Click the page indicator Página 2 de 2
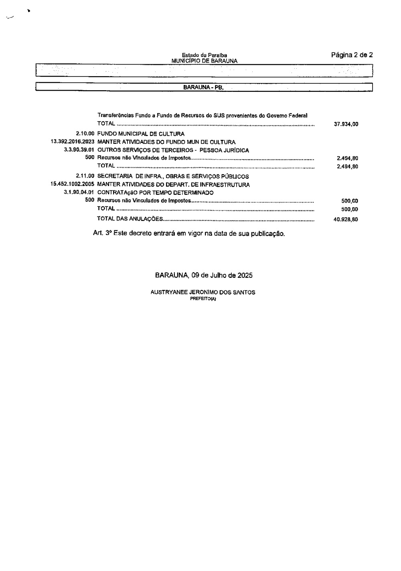[x=352, y=55]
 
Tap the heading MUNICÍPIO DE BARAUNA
[x=204, y=61]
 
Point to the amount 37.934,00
[x=346, y=124]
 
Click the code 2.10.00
[x=85, y=134]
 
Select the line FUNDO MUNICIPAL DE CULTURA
[x=141, y=134]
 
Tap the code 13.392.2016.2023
[x=72, y=142]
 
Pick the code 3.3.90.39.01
[x=79, y=150]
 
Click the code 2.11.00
[x=85, y=176]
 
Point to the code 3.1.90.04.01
[x=79, y=193]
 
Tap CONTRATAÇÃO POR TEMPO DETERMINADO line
[x=155, y=193]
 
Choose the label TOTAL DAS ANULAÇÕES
[x=130, y=219]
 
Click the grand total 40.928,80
[x=346, y=220]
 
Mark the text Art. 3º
[x=102, y=233]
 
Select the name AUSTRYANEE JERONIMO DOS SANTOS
[x=203, y=292]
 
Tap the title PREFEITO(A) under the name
[x=203, y=298]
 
